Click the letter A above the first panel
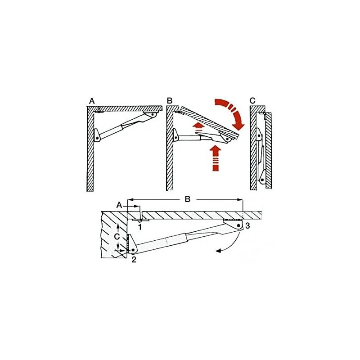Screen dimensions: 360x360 92,101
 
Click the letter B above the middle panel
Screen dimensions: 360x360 170,101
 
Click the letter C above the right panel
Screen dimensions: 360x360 252,101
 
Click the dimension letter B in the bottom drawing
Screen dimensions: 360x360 188,199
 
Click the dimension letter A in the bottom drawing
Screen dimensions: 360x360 119,205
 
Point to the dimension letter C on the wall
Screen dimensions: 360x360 117,236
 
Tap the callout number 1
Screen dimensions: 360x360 140,227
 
